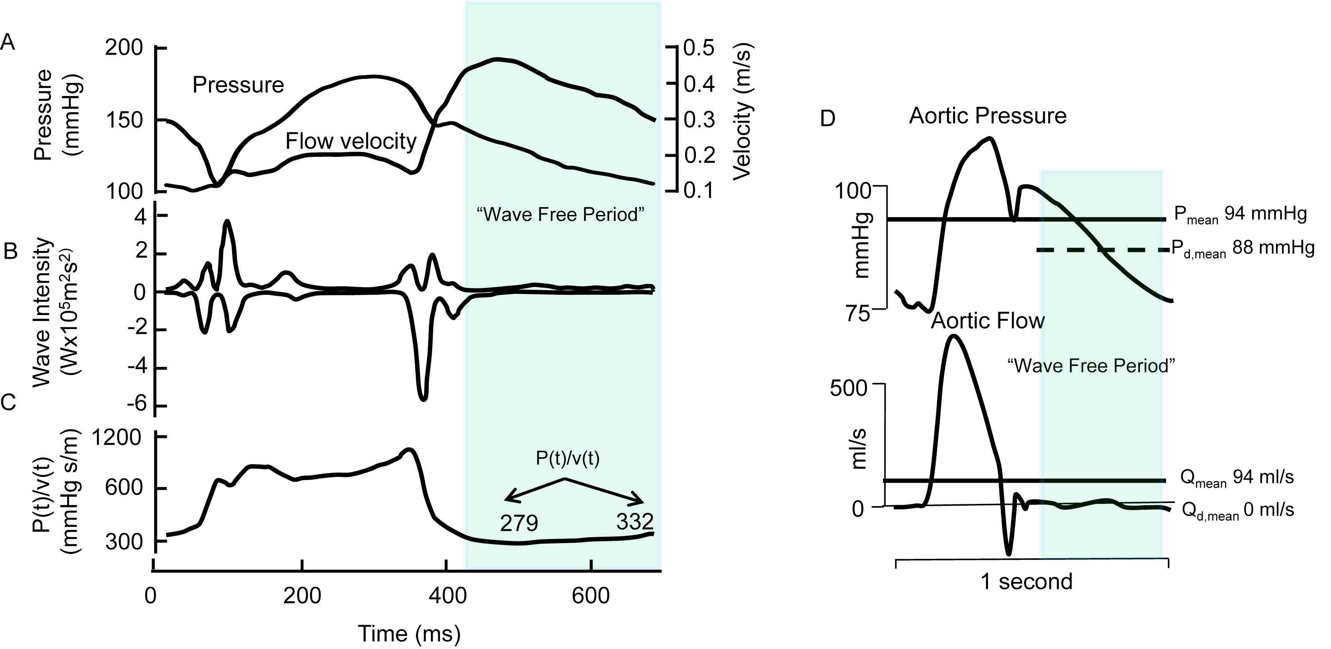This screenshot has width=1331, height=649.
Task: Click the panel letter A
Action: coord(8,41)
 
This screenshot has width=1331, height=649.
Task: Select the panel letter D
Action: coord(827,119)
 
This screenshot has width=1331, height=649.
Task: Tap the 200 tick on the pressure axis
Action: coord(124,47)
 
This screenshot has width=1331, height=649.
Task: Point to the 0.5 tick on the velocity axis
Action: coord(699,47)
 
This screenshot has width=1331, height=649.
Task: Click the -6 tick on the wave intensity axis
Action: coord(137,403)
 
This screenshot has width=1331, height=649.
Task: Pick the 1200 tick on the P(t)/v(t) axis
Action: coord(117,438)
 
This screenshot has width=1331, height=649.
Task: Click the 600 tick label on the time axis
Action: coord(590,596)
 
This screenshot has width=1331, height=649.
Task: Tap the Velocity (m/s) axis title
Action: coord(743,111)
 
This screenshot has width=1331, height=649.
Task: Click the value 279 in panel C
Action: coord(519,523)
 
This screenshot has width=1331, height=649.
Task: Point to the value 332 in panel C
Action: coord(635,521)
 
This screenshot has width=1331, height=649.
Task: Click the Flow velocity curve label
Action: coord(351,141)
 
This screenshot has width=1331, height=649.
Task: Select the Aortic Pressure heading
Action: coord(988,116)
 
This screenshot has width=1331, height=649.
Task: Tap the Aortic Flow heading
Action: coord(988,321)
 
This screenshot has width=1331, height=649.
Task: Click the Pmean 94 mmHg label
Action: coord(1240,215)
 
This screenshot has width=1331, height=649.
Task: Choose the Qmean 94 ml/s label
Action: coord(1237,477)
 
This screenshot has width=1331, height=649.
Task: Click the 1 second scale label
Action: coord(1026,582)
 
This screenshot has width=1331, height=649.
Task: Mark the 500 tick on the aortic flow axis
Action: coord(848,388)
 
